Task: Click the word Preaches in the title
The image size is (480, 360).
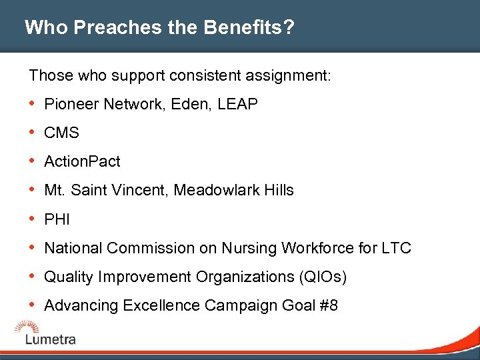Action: coord(107,28)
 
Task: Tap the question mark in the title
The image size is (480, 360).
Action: coord(291,28)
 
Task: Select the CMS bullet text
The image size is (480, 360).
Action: coord(61,133)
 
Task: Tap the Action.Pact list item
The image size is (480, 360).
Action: coord(82,162)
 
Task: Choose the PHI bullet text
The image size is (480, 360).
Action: coord(57,219)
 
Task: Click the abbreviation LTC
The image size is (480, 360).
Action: coord(397,248)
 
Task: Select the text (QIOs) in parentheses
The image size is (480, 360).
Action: coord(323,277)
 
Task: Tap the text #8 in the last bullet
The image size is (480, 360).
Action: coord(328,305)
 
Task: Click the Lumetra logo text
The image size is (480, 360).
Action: coord(51,339)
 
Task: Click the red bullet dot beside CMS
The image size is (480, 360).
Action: coord(33,133)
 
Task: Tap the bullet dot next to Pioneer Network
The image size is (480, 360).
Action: coord(33,104)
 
